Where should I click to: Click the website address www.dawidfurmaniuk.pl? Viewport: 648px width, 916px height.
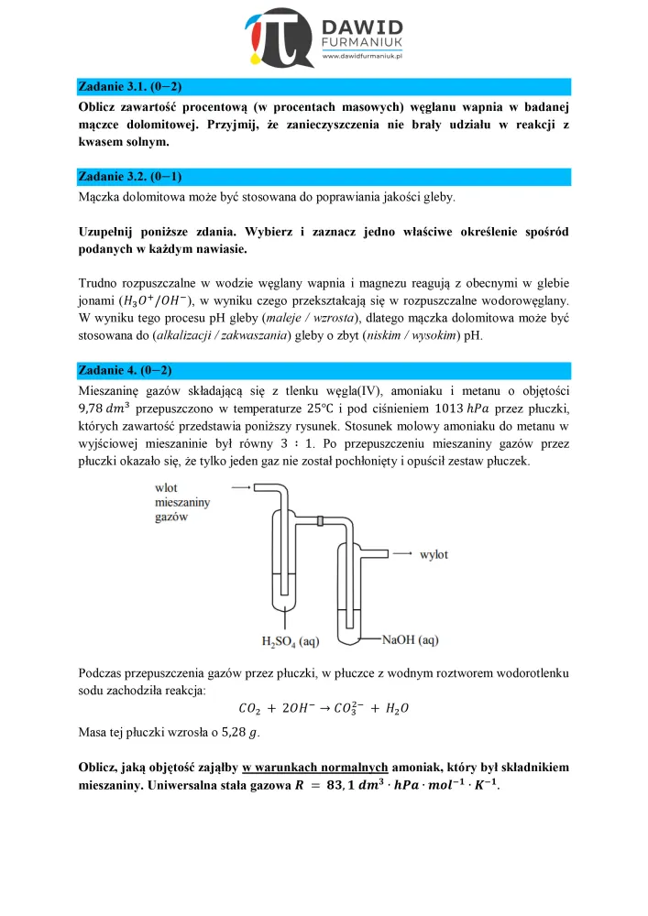tap(364, 57)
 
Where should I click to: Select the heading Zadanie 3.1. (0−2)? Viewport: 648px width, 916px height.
tap(130, 87)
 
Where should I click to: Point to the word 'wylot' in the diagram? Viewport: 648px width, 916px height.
tap(434, 555)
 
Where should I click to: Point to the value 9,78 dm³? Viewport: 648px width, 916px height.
tap(107, 409)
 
